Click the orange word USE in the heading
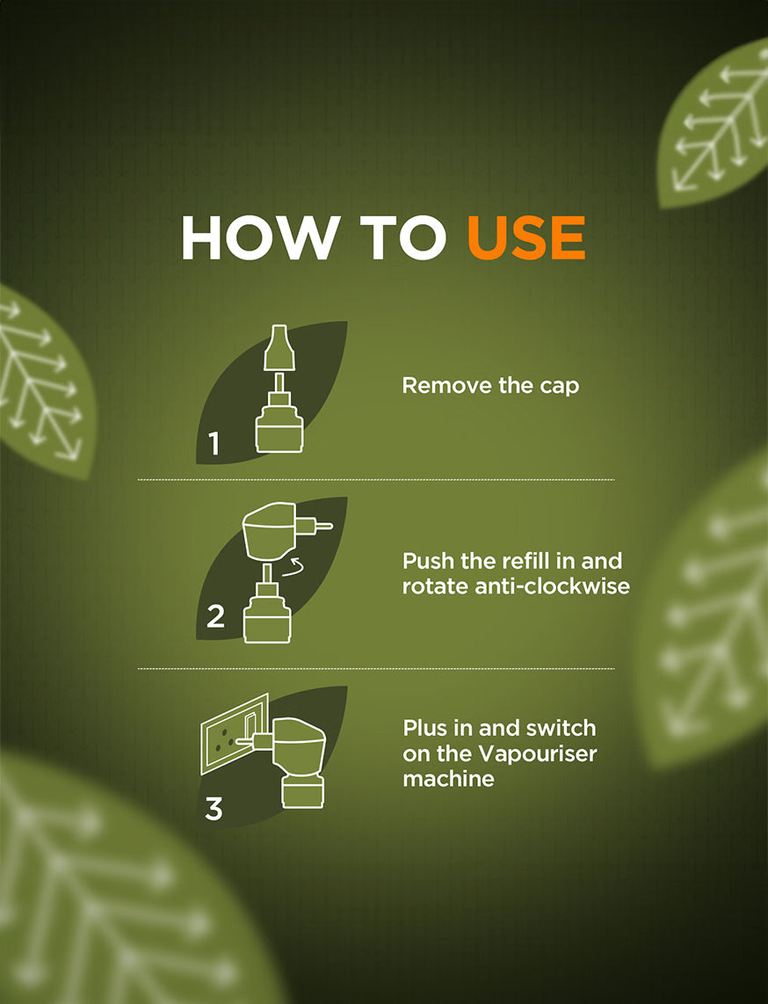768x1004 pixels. point(526,237)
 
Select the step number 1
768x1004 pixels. point(214,443)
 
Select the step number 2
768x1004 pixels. point(215,616)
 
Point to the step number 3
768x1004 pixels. point(214,808)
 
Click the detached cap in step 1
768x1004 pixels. point(279,347)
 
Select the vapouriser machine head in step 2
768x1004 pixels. point(273,532)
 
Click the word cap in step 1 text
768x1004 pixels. point(560,386)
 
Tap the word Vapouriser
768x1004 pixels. point(538,753)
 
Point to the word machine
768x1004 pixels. point(449,779)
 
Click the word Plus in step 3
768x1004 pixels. point(425,728)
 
